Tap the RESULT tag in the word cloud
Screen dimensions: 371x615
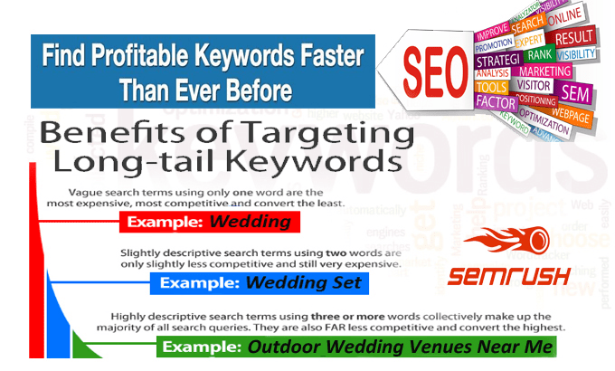[x=575, y=38]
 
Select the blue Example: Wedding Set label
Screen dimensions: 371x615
[x=256, y=283]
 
